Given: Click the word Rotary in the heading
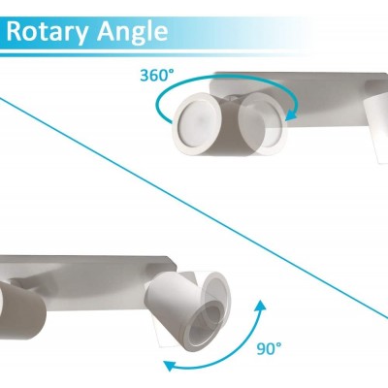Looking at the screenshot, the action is tap(48, 32).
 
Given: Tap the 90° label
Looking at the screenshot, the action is tap(269, 349).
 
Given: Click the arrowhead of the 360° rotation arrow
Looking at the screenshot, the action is tap(292, 114).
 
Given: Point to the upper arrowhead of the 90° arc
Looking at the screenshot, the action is tap(260, 307).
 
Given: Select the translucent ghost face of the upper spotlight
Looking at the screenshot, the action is tap(262, 123).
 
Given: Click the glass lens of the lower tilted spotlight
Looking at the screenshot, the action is tap(205, 327).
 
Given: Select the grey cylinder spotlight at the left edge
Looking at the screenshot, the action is tap(21, 310).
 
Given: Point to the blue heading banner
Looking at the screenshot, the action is tap(155, 37).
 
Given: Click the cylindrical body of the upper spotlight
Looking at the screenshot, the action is tap(226, 128).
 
